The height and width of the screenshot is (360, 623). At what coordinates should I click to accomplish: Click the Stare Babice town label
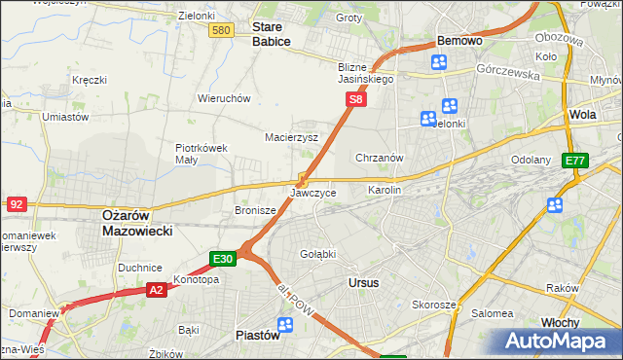(x=272, y=34)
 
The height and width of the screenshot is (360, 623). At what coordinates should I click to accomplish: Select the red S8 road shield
(x=356, y=99)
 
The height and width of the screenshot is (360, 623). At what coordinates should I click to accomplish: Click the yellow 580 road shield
(x=221, y=31)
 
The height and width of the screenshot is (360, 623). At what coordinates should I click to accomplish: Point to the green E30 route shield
(x=223, y=258)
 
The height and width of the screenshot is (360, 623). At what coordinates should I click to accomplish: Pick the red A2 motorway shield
(x=157, y=289)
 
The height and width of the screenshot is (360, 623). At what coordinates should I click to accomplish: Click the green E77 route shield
(x=575, y=161)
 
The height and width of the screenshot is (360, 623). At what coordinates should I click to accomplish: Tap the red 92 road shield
(x=17, y=204)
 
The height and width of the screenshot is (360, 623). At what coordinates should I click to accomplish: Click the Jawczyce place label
(x=313, y=194)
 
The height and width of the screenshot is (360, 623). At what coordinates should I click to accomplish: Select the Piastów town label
(x=258, y=335)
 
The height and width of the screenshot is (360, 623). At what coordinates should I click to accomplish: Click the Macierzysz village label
(x=292, y=137)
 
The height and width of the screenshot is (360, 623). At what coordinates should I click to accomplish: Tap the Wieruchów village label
(x=225, y=98)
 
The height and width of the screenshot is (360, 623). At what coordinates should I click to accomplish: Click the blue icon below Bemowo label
(x=439, y=62)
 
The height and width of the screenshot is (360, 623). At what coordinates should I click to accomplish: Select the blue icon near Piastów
(x=285, y=324)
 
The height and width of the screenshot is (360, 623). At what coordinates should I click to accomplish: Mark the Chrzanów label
(x=380, y=158)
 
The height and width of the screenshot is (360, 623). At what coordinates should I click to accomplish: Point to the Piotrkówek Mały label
(x=201, y=154)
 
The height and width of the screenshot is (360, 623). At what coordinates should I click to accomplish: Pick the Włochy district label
(x=561, y=322)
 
